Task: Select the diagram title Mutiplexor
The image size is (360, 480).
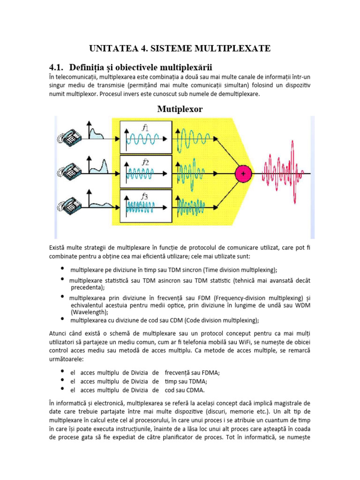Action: [180, 109]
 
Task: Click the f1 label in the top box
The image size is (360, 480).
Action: [145, 127]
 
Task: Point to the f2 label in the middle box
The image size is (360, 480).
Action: [145, 163]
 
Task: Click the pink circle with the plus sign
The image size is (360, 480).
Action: [243, 173]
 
